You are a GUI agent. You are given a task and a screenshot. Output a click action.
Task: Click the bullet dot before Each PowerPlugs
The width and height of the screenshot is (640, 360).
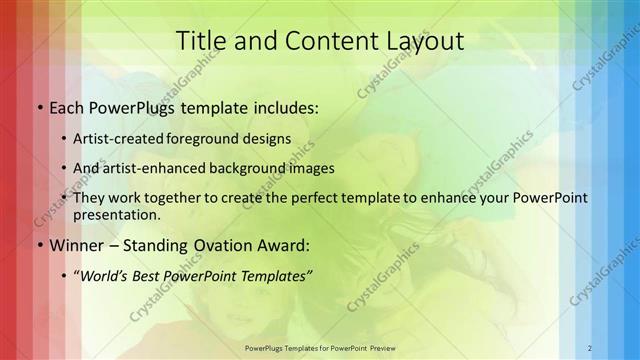pyautogui.click(x=38, y=107)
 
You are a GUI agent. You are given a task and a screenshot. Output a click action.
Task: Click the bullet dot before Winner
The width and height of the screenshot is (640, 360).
pyautogui.click(x=38, y=245)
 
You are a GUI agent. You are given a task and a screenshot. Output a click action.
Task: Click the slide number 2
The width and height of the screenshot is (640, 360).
pyautogui.click(x=590, y=348)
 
